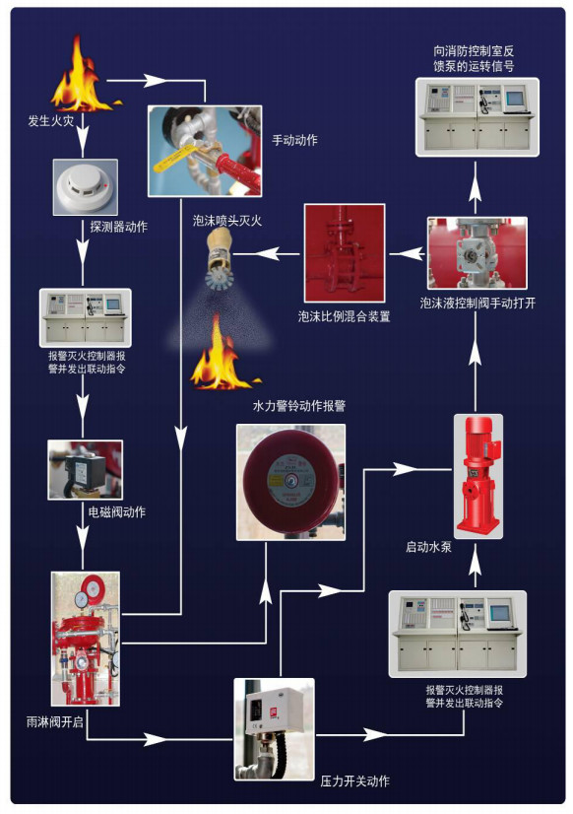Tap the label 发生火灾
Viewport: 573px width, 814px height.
52,121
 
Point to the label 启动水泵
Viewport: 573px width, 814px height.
428,546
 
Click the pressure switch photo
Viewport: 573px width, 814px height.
274,727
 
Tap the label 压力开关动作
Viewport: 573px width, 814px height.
354,781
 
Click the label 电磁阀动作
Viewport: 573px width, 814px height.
110,511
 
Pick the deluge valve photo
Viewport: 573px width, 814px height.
85,638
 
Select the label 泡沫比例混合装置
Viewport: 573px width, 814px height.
344,317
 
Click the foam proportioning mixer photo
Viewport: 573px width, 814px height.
344,253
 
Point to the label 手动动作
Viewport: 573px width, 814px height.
294,140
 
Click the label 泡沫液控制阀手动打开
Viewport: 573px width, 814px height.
477,304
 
